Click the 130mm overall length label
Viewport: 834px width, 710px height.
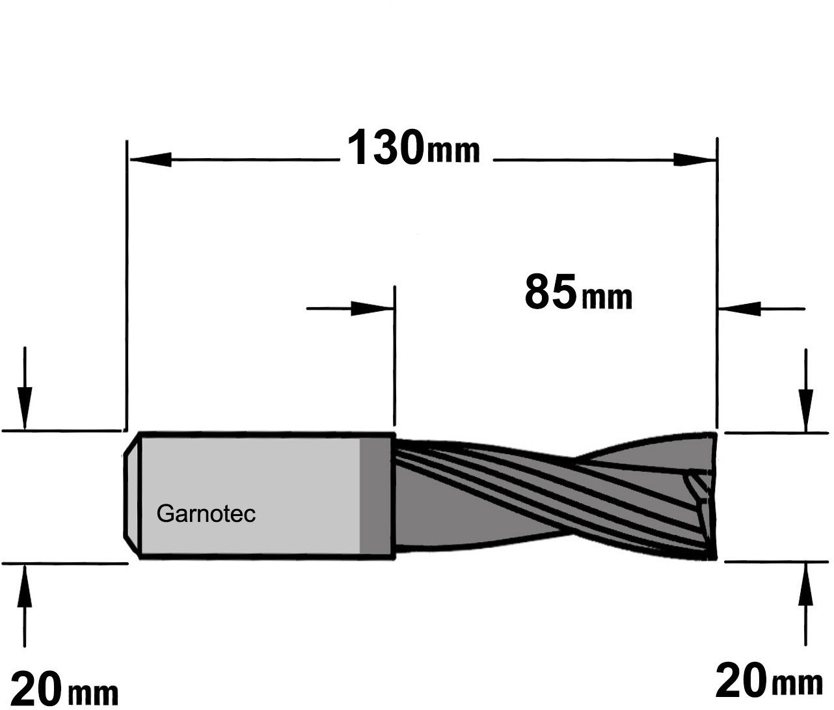(x=414, y=147)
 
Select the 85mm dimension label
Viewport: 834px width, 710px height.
(x=578, y=292)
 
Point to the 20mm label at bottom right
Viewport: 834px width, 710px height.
(x=770, y=681)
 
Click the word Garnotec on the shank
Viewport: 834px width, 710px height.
(x=206, y=514)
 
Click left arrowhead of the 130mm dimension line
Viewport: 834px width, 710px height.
(x=151, y=159)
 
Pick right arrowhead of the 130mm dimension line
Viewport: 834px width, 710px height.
(x=693, y=159)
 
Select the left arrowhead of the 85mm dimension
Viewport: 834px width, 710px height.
(x=372, y=308)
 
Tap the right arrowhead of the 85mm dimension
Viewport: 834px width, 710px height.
(x=740, y=308)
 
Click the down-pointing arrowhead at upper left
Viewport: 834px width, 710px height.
(x=25, y=407)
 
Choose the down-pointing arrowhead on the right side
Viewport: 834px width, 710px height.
(x=806, y=410)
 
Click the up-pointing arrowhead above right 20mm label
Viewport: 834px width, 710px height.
(x=806, y=584)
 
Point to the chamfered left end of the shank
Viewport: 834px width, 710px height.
(x=131, y=496)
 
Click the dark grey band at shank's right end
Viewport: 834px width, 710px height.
(x=376, y=496)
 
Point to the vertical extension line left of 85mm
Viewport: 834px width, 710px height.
(x=395, y=355)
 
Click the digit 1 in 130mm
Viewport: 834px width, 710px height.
(x=357, y=147)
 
